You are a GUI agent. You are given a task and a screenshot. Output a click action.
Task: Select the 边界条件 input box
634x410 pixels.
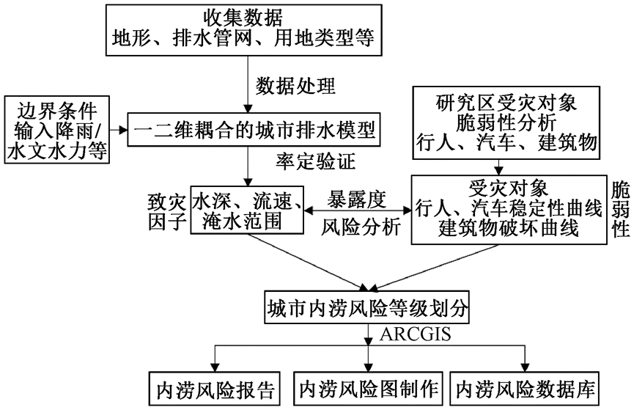coord(56,130)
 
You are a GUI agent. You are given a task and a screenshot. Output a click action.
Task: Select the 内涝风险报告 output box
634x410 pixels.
coord(214,387)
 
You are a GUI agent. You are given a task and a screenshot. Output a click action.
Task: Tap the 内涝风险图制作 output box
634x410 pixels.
coord(368,387)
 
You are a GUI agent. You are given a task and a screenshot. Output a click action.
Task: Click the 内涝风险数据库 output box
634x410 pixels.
coord(526,387)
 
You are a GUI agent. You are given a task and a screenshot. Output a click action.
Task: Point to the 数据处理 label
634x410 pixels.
coord(295,87)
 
